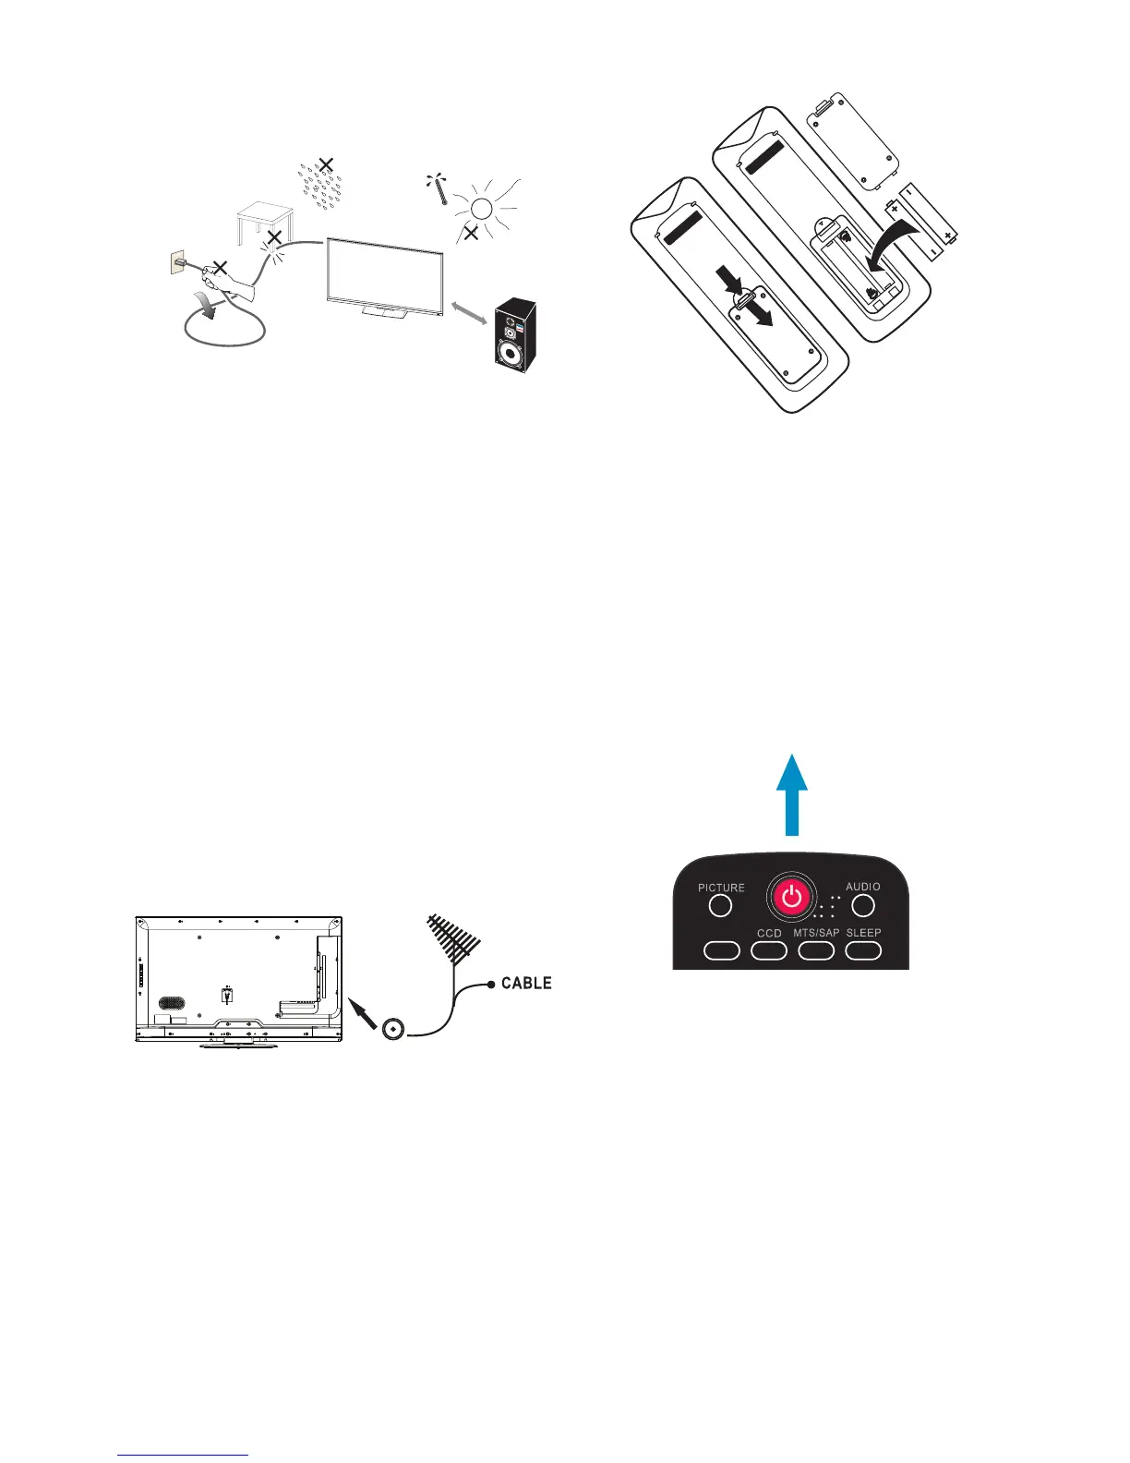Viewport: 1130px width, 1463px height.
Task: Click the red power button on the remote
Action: pos(791,897)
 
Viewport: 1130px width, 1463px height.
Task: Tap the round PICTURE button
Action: pos(720,906)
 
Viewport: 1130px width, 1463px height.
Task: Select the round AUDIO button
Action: pos(863,905)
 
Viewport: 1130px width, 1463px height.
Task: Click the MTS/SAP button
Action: pos(816,949)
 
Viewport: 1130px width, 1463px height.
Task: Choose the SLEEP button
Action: pos(863,949)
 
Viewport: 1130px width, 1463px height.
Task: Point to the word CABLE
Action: pos(526,983)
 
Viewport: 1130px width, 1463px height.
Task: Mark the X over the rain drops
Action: pos(326,166)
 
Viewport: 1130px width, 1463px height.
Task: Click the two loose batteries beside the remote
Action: pos(924,223)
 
